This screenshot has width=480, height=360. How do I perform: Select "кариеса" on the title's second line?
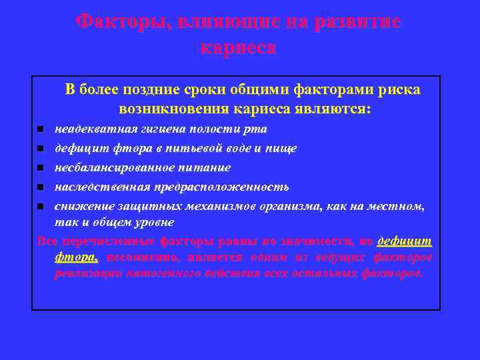237,48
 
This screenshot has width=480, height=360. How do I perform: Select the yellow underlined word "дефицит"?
404,241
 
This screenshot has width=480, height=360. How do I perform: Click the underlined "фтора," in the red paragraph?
77,257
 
